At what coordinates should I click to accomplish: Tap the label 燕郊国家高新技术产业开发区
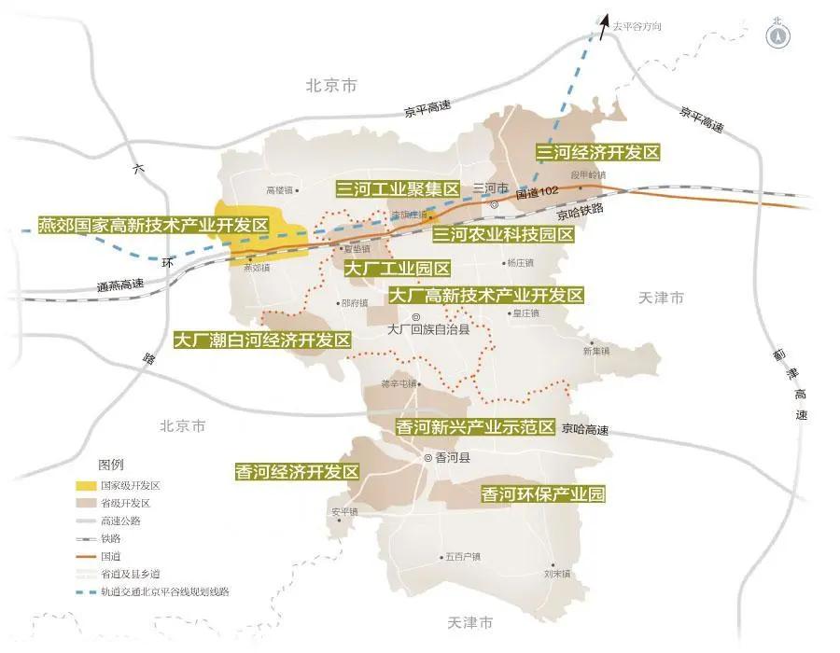tap(153, 226)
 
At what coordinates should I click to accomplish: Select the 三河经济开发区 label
tap(597, 151)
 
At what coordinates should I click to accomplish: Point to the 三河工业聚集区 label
tap(399, 189)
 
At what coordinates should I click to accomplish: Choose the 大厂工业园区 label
tap(397, 269)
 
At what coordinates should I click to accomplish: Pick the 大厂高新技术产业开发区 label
tap(485, 296)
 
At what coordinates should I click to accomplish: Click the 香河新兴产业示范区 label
tap(475, 427)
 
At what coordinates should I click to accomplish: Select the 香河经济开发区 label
tap(297, 472)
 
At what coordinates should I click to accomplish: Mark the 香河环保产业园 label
tap(542, 494)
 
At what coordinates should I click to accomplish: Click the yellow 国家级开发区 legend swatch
tap(86, 486)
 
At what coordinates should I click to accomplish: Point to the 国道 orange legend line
tap(86, 556)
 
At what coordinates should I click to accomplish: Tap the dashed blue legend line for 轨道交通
tap(86, 591)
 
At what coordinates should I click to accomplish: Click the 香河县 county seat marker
tap(428, 458)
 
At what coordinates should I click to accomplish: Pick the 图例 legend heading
tap(111, 465)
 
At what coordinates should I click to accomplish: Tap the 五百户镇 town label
tap(462, 557)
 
